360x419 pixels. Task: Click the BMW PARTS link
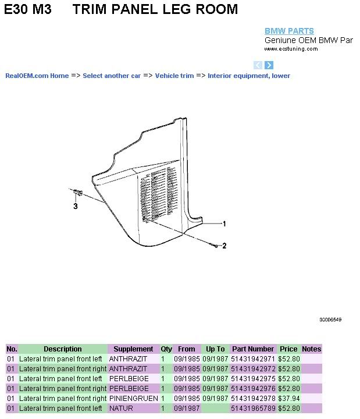289,31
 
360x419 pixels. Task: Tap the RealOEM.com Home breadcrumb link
37,76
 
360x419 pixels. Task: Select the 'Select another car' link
112,76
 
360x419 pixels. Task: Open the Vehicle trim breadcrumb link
174,76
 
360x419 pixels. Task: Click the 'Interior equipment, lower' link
249,76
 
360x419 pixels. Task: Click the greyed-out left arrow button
258,65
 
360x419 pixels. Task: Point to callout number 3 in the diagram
76,206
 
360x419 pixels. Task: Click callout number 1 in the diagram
224,223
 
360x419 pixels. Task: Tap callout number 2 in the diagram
224,246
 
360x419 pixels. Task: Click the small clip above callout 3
78,192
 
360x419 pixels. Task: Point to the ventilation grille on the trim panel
158,193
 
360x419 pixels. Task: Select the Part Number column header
253,349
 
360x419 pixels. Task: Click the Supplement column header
133,349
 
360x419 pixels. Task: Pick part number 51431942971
253,359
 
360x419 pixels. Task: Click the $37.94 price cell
289,399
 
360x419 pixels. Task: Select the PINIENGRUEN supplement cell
134,399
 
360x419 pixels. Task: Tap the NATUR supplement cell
121,409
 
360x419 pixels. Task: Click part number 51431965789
253,409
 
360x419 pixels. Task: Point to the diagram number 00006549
330,319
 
